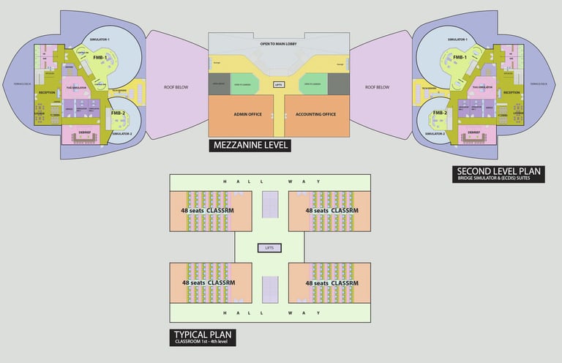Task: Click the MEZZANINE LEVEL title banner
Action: click(x=250, y=145)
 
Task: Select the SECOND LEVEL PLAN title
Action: click(x=498, y=173)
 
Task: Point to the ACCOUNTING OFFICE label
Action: click(x=315, y=114)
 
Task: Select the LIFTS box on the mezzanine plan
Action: click(x=278, y=85)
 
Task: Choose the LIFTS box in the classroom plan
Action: click(x=271, y=249)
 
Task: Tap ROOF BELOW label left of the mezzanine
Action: click(x=176, y=87)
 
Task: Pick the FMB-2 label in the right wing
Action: click(x=439, y=113)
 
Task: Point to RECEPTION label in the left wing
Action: click(x=48, y=93)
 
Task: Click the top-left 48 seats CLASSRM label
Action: click(x=208, y=210)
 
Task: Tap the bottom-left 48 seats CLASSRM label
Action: click(x=208, y=282)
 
